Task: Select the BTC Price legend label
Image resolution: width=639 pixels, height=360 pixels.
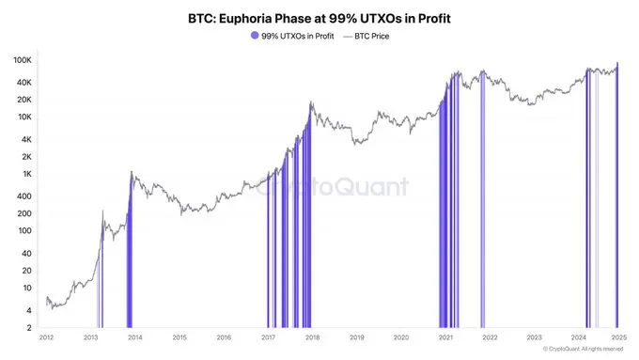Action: [372, 36]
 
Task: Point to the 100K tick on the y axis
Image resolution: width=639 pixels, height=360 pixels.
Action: [23, 59]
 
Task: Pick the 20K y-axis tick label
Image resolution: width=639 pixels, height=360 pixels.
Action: [24, 99]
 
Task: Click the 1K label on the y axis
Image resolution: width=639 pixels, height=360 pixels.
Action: [28, 174]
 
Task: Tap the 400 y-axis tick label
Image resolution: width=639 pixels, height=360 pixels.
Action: [25, 196]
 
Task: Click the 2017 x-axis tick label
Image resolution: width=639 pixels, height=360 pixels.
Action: [268, 337]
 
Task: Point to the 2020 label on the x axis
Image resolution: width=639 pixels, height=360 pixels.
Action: [401, 337]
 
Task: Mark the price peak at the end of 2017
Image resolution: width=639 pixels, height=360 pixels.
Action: [311, 102]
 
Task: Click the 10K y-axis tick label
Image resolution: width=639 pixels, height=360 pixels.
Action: [24, 117]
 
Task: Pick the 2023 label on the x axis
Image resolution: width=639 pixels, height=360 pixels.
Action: [534, 337]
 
